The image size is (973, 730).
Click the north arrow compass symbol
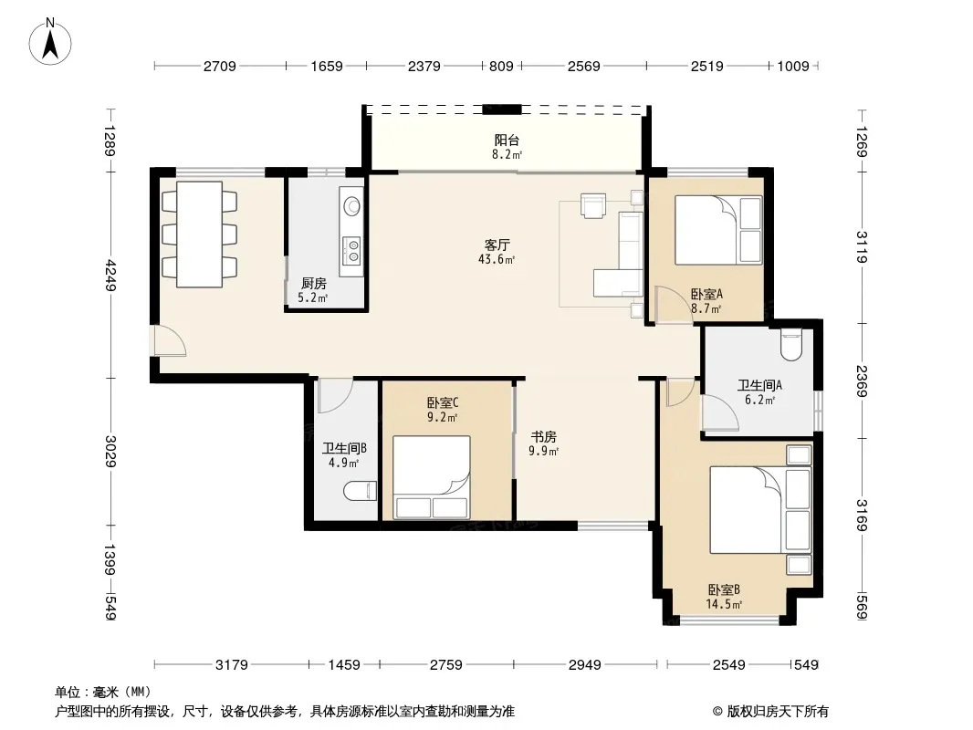[50, 42]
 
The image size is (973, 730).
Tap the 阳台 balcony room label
[507, 141]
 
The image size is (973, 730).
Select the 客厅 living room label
[497, 245]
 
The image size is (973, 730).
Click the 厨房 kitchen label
[313, 284]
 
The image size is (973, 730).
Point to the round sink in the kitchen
[352, 205]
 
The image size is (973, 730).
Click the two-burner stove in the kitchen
[352, 249]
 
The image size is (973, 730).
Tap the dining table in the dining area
[199, 235]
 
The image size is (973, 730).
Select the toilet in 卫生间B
[360, 491]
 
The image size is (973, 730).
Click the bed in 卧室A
[718, 230]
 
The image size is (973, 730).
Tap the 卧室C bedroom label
[443, 402]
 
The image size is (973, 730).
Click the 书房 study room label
[543, 437]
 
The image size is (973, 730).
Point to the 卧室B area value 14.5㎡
[724, 604]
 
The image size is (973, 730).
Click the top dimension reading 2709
[220, 66]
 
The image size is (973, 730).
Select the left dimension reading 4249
[110, 276]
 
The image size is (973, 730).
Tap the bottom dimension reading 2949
[584, 665]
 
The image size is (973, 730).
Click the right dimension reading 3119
[862, 246]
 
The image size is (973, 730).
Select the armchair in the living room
[593, 206]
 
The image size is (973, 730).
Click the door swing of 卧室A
[674, 305]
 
